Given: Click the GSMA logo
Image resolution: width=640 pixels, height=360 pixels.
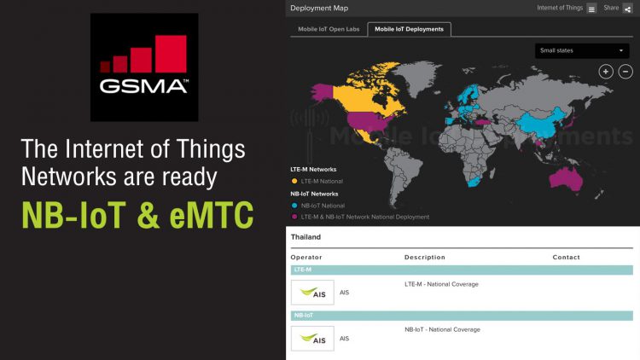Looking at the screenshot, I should [144, 67].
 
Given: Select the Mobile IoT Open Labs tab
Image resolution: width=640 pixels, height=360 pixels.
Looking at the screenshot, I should [327, 29].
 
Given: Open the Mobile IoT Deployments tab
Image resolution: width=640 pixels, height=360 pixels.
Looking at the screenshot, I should [410, 29].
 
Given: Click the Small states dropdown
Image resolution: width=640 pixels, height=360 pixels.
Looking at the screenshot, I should [583, 50].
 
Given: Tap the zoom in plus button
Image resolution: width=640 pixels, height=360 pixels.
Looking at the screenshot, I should [606, 72].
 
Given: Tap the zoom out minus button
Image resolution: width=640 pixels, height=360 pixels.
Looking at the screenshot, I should [625, 72].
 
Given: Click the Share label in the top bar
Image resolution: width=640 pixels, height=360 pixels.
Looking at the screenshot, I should [611, 8].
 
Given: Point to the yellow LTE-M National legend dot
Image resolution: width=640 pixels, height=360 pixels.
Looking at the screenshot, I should [294, 181].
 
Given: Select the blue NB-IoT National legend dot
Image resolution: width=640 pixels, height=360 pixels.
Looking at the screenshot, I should [294, 206].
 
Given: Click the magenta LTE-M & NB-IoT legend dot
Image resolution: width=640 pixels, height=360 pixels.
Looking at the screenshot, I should [294, 217].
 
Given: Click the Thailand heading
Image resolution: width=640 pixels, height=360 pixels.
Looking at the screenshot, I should [306, 237].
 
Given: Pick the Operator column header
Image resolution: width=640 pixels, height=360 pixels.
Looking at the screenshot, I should [306, 257].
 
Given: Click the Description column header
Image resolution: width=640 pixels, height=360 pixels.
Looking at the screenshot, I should [425, 257].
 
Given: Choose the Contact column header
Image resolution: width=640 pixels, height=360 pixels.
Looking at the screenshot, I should [566, 257].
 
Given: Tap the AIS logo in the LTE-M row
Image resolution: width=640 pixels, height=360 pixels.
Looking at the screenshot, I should [312, 293].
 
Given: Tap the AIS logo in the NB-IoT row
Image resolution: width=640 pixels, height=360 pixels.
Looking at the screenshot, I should [312, 339].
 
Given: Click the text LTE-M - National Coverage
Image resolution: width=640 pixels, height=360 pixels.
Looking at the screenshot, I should [441, 284].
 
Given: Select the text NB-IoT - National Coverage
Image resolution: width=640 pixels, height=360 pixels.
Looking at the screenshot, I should [442, 329].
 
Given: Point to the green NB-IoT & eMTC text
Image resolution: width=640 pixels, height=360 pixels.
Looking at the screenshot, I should [137, 215].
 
